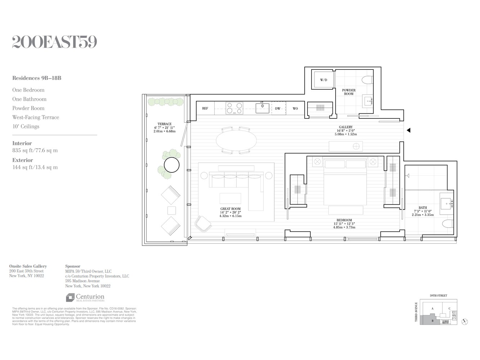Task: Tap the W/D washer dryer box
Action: (x=323, y=80)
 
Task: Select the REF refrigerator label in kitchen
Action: (x=205, y=108)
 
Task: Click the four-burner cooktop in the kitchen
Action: (x=234, y=108)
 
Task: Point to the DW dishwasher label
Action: (x=278, y=108)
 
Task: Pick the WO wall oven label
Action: (x=295, y=108)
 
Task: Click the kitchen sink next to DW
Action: (x=262, y=108)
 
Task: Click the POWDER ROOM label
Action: (x=349, y=92)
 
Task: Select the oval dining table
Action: (x=237, y=141)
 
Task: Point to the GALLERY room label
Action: (x=345, y=127)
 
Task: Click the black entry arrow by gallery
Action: (x=408, y=130)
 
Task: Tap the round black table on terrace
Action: (x=171, y=165)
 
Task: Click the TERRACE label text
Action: (x=164, y=124)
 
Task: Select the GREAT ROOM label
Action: (x=230, y=209)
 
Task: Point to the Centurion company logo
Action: (x=85, y=298)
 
